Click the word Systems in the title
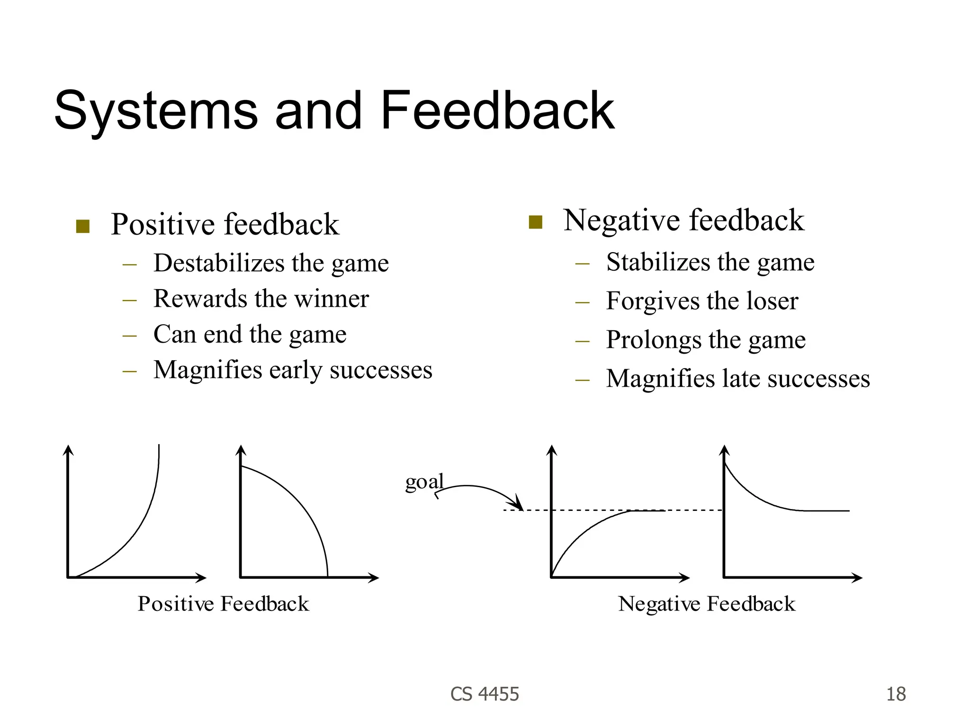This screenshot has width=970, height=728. pyautogui.click(x=156, y=111)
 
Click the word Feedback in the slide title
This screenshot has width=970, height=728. pyautogui.click(x=497, y=111)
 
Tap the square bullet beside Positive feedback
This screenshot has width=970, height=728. pyautogui.click(x=83, y=227)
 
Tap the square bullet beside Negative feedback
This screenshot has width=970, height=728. pyautogui.click(x=535, y=222)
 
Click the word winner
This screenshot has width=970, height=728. pyautogui.click(x=331, y=299)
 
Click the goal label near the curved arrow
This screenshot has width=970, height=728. pyautogui.click(x=424, y=482)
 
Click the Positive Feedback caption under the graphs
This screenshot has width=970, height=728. pyautogui.click(x=223, y=604)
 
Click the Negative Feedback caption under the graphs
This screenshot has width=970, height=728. pyautogui.click(x=707, y=604)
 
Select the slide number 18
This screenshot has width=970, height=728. pyautogui.click(x=896, y=694)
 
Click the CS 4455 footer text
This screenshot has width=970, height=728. pyautogui.click(x=485, y=694)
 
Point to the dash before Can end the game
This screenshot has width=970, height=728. pyautogui.click(x=129, y=335)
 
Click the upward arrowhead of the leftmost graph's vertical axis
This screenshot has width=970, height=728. pyautogui.click(x=69, y=449)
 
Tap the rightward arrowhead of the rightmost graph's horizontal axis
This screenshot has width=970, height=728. pyautogui.click(x=858, y=578)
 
